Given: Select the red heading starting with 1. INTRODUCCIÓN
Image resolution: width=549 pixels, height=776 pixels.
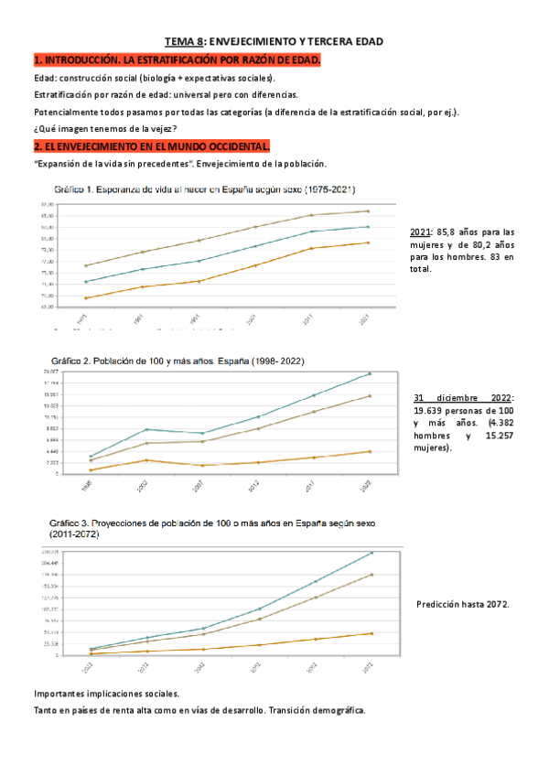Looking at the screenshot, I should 178,60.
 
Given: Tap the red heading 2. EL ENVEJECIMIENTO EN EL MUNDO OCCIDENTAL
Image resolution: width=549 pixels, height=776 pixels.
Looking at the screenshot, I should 151,146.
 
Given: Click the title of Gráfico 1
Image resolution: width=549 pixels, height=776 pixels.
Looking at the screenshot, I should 199,190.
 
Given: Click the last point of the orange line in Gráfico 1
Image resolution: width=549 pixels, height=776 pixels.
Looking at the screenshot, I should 368,242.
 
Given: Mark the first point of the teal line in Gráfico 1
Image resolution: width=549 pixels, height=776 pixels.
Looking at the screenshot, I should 85,281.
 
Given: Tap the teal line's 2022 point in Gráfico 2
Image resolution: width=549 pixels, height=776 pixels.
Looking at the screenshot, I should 370,373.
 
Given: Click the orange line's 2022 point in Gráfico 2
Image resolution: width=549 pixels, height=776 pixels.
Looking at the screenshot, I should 370,451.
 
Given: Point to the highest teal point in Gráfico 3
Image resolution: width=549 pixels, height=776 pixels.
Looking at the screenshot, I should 371,553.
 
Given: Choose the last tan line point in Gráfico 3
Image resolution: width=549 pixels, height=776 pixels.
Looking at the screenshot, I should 371,575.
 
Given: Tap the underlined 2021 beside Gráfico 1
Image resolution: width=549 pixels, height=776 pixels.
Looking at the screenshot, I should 423,232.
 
